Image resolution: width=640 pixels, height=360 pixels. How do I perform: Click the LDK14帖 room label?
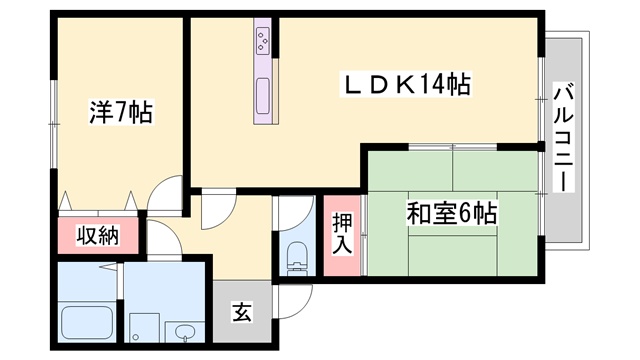(406, 84)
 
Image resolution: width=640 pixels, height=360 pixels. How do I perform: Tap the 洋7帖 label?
(121, 111)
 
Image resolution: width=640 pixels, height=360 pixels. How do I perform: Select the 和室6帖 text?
(452, 213)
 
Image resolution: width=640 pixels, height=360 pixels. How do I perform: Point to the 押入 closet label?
(342, 234)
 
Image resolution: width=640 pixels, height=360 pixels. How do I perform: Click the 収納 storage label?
(98, 235)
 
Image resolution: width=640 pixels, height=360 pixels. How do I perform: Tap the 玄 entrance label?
(242, 312)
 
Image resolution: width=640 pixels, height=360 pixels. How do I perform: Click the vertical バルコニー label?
(563, 137)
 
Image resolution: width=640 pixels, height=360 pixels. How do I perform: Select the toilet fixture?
(297, 257)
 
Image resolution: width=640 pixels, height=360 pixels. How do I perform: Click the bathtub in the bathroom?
(87, 322)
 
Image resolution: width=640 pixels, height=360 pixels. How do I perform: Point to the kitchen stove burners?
(262, 40)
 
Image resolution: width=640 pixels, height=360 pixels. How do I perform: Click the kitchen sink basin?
(262, 96)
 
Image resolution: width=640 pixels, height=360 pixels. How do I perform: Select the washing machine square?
(144, 328)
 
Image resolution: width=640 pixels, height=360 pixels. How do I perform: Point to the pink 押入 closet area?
(342, 236)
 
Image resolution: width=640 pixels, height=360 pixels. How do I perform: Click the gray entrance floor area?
(242, 312)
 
